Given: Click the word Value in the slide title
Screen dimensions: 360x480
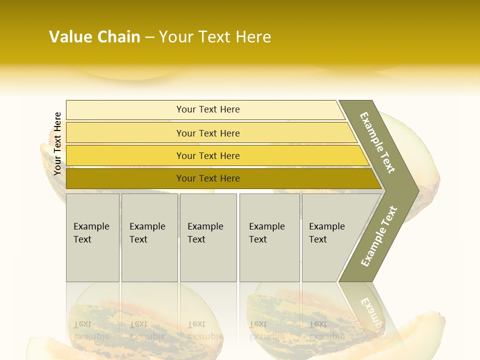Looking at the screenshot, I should [x=70, y=37].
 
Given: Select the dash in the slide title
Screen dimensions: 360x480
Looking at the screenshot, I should [x=149, y=37].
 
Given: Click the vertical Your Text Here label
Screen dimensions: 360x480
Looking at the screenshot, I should [x=57, y=143].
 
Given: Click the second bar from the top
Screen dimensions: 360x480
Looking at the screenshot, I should [x=207, y=133].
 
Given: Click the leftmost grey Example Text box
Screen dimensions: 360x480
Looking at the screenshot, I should [x=92, y=237].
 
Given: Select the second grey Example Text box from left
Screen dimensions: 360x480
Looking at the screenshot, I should [x=149, y=237].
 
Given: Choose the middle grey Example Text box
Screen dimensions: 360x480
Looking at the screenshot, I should [x=208, y=237].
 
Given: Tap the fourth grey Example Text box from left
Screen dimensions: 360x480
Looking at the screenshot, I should [x=269, y=237].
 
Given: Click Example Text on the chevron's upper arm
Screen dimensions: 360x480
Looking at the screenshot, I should [x=377, y=142].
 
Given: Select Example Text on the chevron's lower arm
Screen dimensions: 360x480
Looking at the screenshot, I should [x=378, y=236].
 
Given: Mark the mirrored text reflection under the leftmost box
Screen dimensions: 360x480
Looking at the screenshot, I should [x=91, y=330].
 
